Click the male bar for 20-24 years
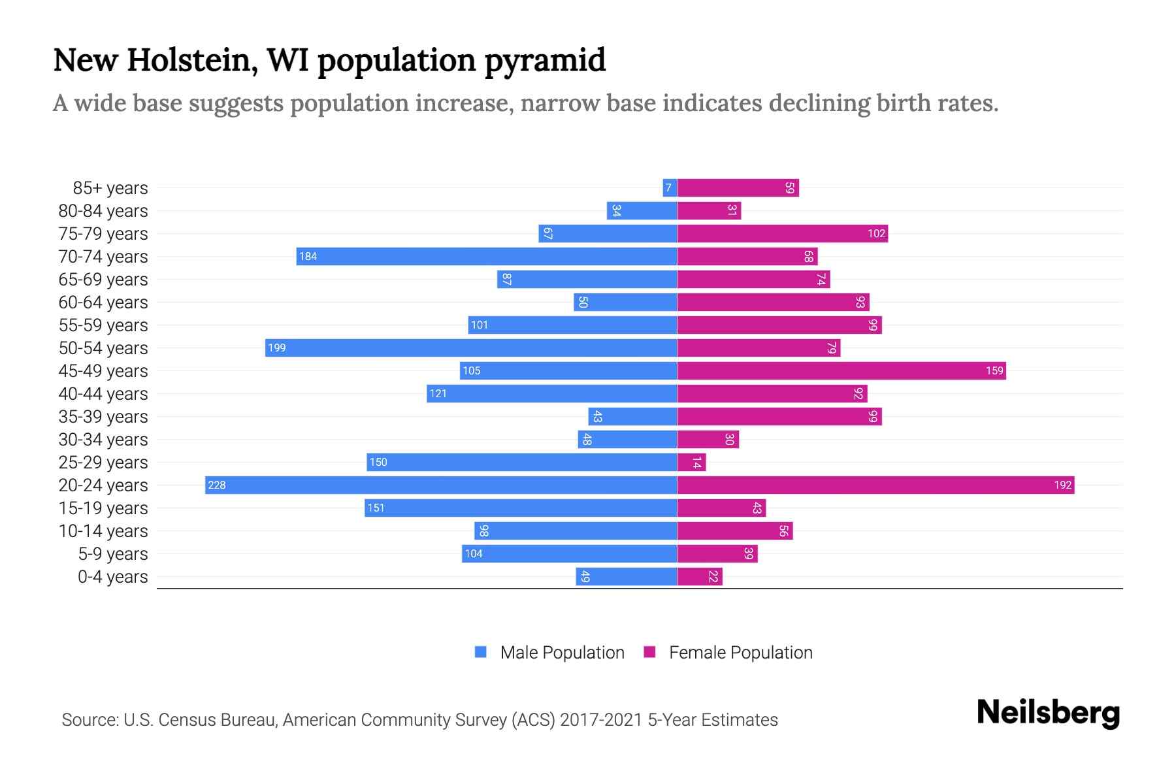[441, 485]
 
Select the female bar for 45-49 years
[841, 370]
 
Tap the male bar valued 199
[470, 348]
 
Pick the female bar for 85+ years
[738, 188]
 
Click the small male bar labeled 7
[669, 188]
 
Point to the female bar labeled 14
[691, 462]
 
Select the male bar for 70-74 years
[487, 256]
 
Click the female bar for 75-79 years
[782, 233]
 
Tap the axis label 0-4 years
[112, 577]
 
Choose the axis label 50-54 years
[103, 348]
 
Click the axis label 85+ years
[110, 188]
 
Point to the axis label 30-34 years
[103, 440]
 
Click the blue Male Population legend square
[481, 652]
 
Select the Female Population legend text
[740, 653]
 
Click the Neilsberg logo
[1048, 713]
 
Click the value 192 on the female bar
[1062, 485]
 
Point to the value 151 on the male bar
[376, 508]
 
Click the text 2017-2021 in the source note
[600, 720]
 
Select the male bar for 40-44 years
[552, 393]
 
